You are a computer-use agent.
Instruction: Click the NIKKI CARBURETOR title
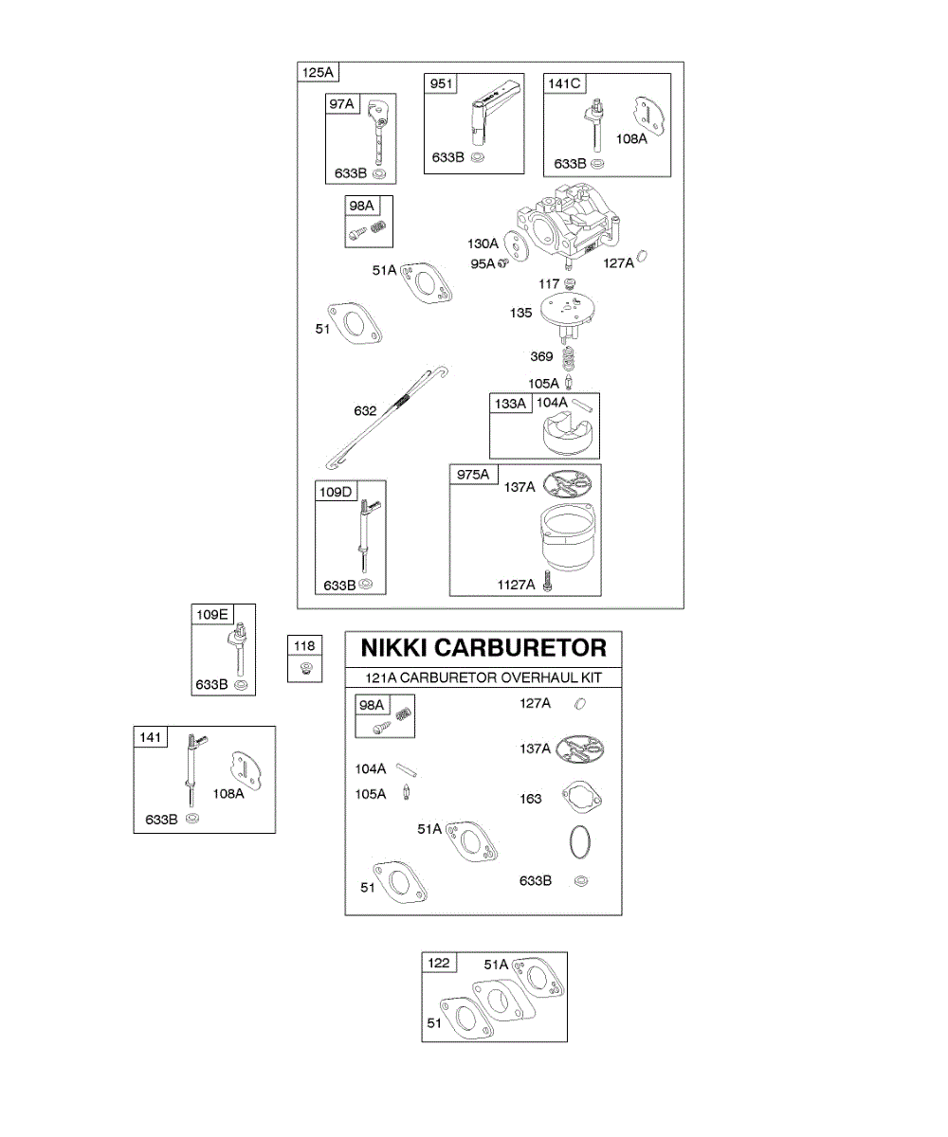coord(483,648)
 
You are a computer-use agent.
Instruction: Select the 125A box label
coord(318,73)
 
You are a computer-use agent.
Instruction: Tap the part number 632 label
coord(365,410)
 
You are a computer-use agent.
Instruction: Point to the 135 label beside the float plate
coord(521,313)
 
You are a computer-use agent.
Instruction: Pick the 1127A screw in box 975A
coord(548,585)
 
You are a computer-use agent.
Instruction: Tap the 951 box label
coord(441,84)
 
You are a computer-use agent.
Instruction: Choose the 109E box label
coord(211,614)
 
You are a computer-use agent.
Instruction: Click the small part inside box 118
coord(305,668)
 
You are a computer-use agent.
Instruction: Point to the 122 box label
coord(439,963)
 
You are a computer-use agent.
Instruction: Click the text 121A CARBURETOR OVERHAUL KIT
coord(483,678)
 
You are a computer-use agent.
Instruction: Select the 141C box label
coord(563,84)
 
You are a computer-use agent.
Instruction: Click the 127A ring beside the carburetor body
coord(642,257)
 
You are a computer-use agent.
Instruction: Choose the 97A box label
coord(340,104)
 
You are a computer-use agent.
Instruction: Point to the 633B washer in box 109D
coord(366,585)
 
